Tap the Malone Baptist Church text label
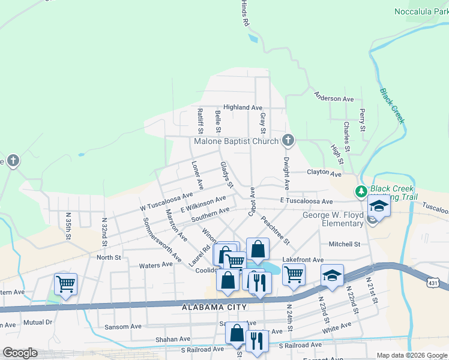tap(236, 142)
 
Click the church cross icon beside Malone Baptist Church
tap(288, 141)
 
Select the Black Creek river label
tap(393, 106)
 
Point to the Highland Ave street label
tap(243, 107)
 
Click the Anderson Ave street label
tap(334, 98)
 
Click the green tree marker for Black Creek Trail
tap(361, 192)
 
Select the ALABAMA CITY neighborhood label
tap(214, 307)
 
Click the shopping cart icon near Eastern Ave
tap(65, 284)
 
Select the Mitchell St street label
tap(344, 244)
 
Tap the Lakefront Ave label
tap(303, 260)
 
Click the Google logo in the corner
tap(20, 353)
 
